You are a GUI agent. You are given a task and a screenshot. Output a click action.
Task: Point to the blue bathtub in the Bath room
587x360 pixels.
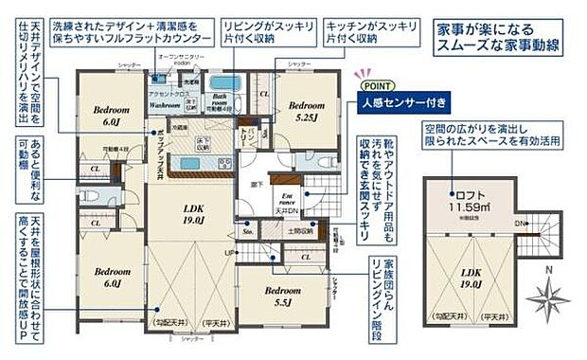pyautogui.click(x=225, y=83)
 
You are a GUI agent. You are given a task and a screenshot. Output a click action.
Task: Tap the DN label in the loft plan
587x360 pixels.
pyautogui.click(x=518, y=224)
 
